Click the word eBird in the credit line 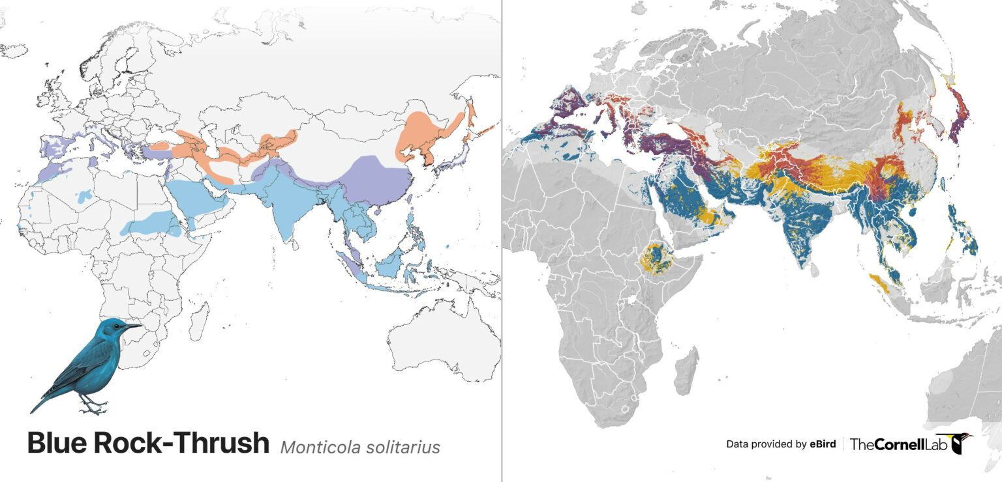pos(823,444)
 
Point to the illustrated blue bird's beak pos(134,326)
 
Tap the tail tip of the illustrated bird pos(34,408)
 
